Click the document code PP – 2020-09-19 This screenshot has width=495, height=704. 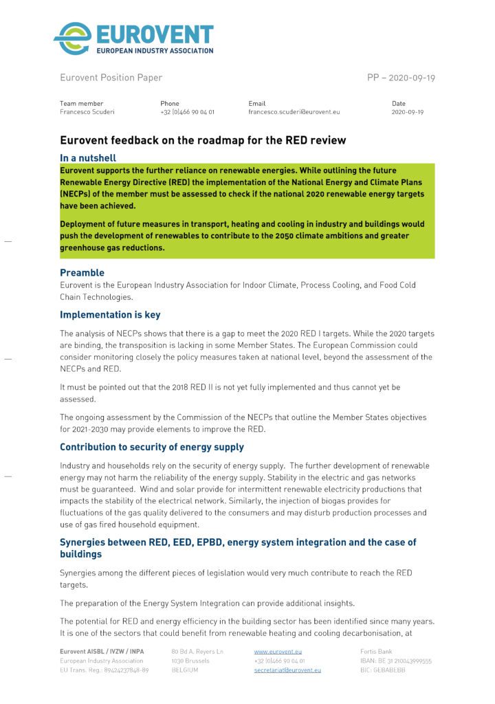coord(401,78)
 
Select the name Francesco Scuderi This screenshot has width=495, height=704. coord(87,111)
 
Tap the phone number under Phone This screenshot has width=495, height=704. coord(187,111)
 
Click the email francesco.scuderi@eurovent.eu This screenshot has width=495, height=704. coord(294,111)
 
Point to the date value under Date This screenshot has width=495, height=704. coord(407,111)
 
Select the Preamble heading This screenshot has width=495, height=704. coord(82,272)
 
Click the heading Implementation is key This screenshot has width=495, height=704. coord(110,315)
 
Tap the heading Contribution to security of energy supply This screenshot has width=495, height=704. coord(151,447)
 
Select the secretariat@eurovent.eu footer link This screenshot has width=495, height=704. coord(287,670)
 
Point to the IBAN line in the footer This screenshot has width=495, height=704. coord(395,661)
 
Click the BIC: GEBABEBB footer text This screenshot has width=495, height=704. coord(383,670)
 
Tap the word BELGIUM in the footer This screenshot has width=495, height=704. coord(186,670)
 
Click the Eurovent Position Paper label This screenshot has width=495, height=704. coord(111,78)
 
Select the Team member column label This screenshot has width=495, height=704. coord(81,103)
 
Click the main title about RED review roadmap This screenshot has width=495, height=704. coord(203,140)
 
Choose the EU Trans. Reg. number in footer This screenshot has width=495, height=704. coord(104,670)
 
